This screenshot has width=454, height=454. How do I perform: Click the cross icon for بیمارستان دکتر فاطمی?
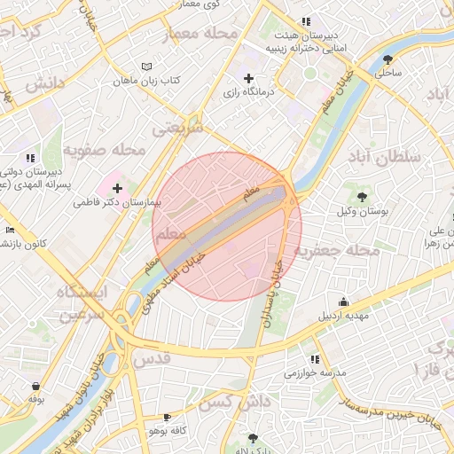[x=117, y=188]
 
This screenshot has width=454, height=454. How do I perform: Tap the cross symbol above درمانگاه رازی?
[x=248, y=78]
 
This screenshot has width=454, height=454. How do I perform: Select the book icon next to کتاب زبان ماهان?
[x=147, y=67]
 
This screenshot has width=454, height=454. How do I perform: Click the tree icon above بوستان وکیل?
[x=361, y=196]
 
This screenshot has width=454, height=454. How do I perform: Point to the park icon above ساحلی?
[x=387, y=59]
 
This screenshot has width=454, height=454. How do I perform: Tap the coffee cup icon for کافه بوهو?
[x=167, y=417]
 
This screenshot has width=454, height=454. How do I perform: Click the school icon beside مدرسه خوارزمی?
[x=315, y=359]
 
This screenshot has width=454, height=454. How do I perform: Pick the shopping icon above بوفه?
[x=35, y=386]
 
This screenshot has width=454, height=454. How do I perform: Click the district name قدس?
[x=151, y=360]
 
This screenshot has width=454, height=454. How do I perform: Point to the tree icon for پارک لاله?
[x=254, y=438]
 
